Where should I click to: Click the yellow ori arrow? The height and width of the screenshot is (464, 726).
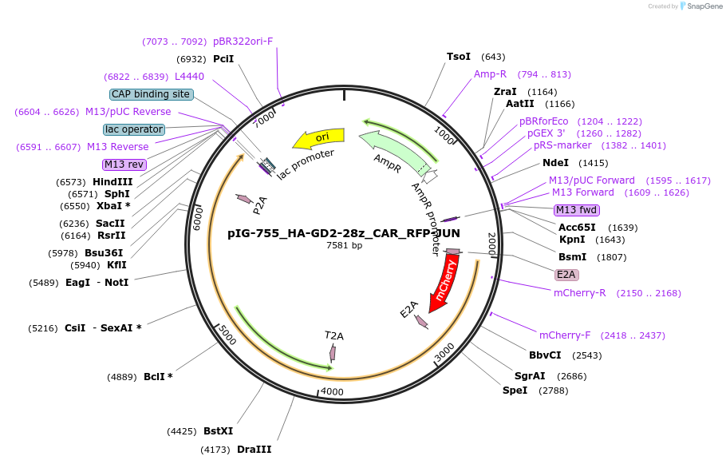[x=318, y=139]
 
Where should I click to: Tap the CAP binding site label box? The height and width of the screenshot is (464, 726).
[x=152, y=94]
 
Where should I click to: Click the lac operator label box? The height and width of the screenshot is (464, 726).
[x=134, y=129]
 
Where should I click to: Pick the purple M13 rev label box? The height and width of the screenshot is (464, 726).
[x=124, y=165]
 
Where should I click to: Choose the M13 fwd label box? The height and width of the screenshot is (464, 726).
[x=576, y=210]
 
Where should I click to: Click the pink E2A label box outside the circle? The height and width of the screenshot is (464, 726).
[x=566, y=274]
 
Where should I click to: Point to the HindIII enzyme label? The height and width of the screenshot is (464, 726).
[x=112, y=182]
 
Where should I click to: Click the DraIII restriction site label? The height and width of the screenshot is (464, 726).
[x=254, y=450]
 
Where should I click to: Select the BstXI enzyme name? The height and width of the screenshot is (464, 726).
[x=218, y=431]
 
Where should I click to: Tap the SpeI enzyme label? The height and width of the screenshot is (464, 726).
[x=515, y=391]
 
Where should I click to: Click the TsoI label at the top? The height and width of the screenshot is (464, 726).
[x=459, y=57]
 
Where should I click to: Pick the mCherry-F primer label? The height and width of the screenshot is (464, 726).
[x=566, y=335]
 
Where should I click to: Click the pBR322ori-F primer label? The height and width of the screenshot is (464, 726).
[x=243, y=42]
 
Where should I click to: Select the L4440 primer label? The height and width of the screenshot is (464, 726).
[x=189, y=77]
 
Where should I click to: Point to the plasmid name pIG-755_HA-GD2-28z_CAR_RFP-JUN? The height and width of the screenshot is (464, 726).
[x=344, y=233]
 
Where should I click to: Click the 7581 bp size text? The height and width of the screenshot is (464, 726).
[x=344, y=245]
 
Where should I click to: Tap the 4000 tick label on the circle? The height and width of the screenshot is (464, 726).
[x=331, y=392]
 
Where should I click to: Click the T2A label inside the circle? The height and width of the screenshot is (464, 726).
[x=334, y=335]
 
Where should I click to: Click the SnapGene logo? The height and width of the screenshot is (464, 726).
[x=700, y=6]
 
